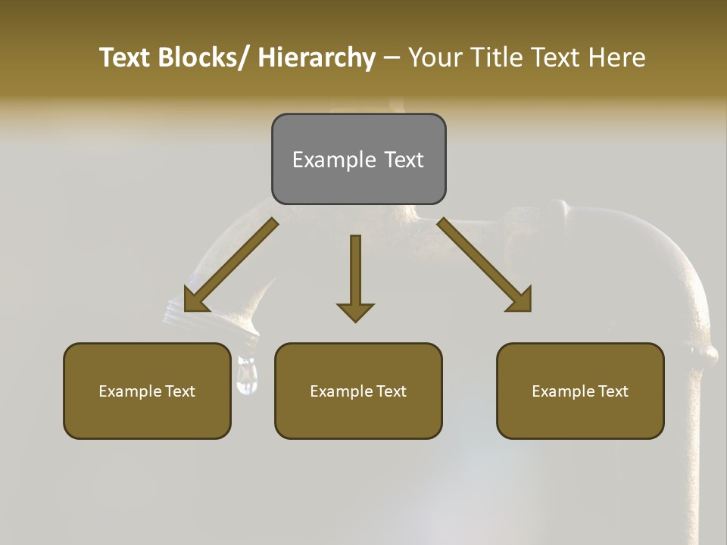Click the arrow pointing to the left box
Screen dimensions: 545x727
point(230,265)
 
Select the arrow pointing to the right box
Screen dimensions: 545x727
point(485,265)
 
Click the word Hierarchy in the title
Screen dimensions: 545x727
point(317,58)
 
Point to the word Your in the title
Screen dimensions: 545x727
point(435,58)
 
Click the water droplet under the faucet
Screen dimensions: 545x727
point(246,376)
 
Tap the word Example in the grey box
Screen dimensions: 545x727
point(334,160)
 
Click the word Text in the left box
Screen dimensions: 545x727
point(179,391)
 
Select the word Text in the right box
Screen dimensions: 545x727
point(613,391)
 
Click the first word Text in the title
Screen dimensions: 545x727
point(126,58)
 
